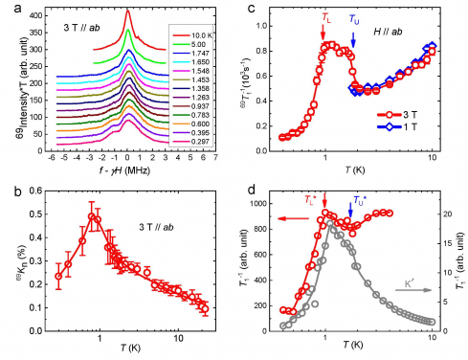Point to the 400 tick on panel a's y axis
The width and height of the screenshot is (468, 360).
pyautogui.click(x=34, y=16)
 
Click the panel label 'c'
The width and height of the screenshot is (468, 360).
pyautogui.click(x=249, y=9)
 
